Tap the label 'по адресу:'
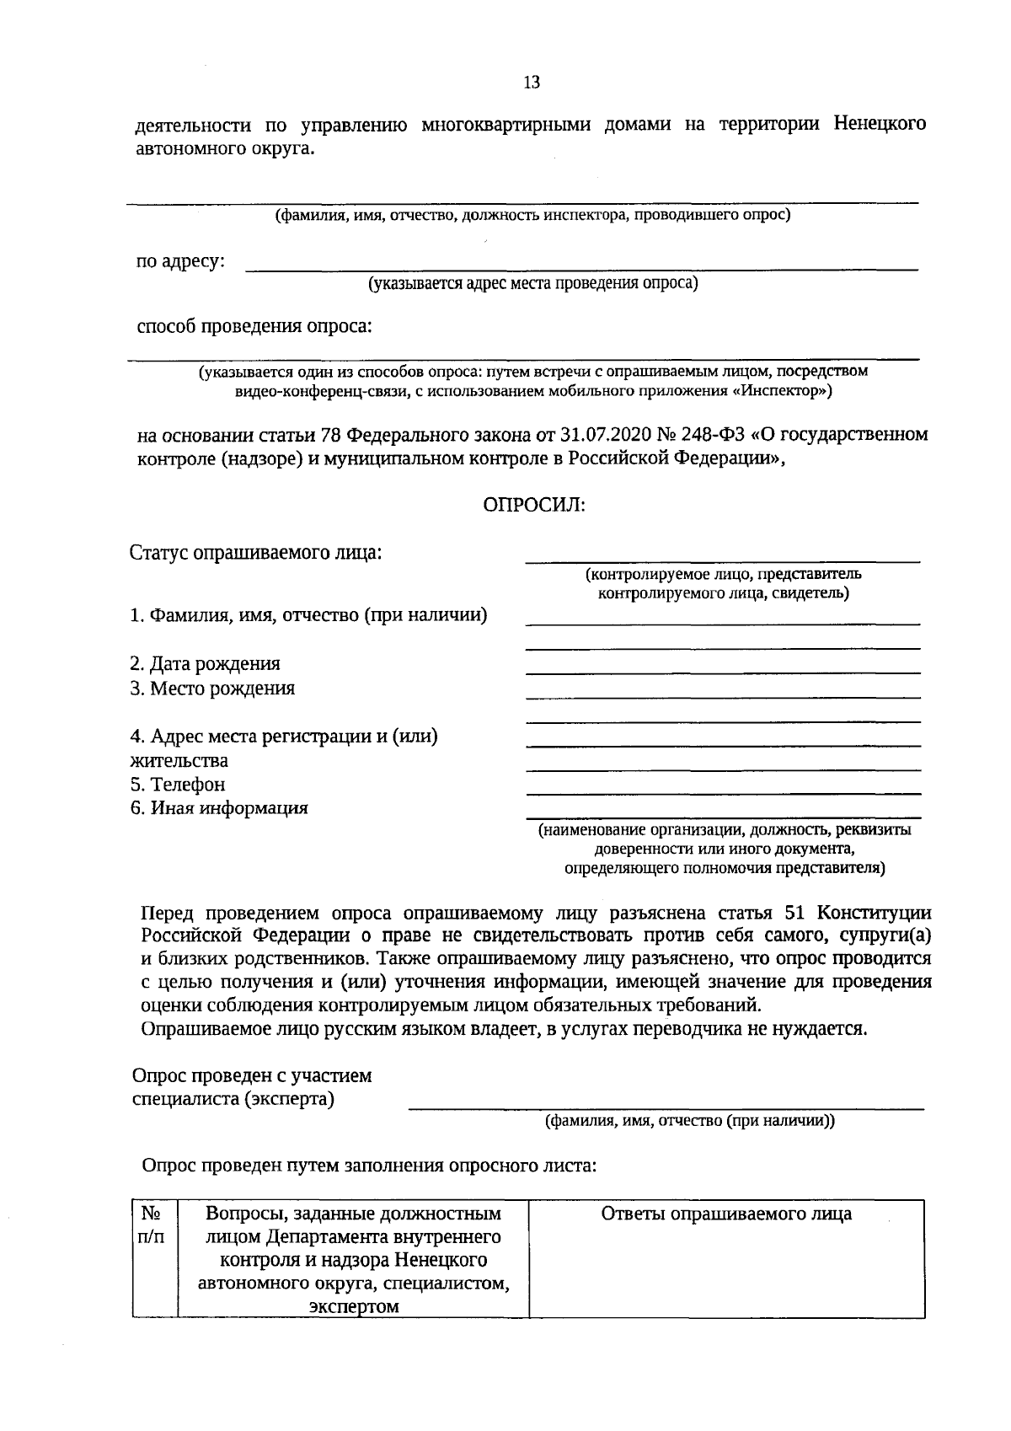tap(180, 261)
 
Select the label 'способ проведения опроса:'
tap(254, 326)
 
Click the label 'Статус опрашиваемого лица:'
tap(255, 554)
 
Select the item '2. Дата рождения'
tap(205, 664)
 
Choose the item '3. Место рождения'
tap(212, 689)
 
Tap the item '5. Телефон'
tap(178, 785)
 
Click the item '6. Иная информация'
tap(219, 808)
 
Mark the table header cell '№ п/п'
tap(153, 1225)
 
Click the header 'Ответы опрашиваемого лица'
tap(726, 1214)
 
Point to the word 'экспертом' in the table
tap(353, 1306)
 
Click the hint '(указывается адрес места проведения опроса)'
tap(532, 284)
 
